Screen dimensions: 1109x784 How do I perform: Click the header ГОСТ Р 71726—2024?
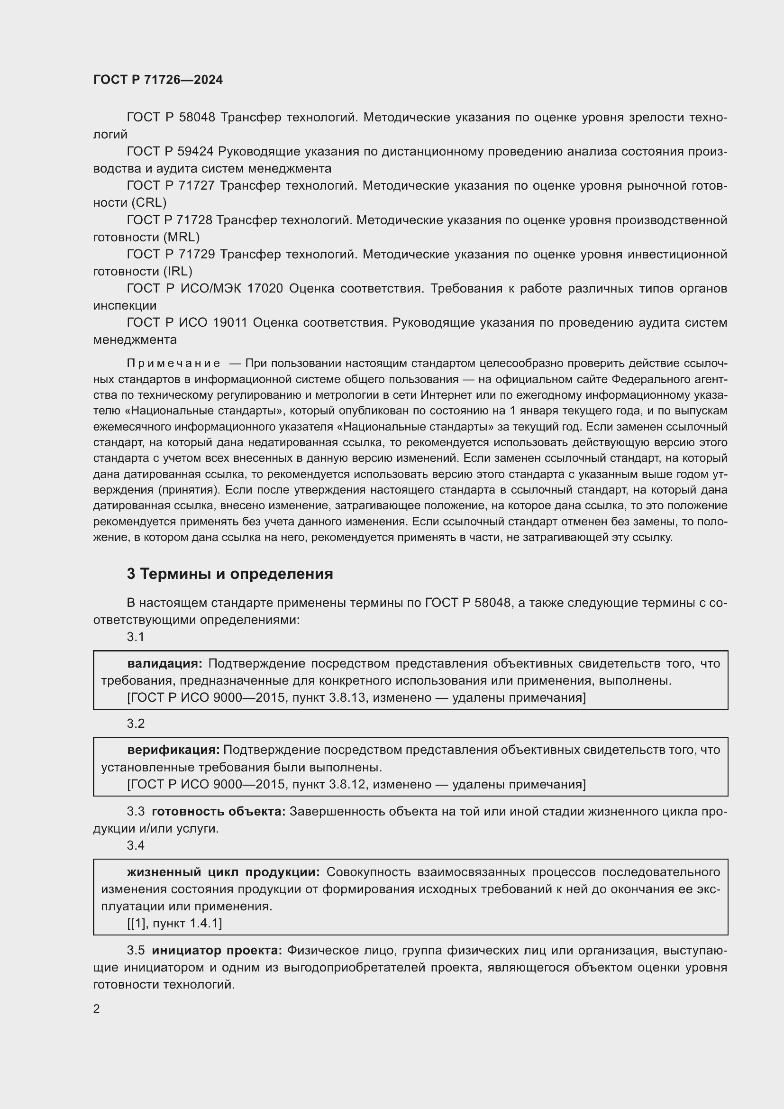(158, 80)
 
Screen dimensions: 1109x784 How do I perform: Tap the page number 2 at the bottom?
(97, 1008)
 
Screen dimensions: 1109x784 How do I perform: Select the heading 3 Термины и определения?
(230, 574)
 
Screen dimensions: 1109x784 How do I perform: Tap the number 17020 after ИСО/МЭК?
(265, 288)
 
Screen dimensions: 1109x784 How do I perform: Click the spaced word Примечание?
(174, 363)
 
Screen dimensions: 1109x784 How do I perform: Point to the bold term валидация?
(164, 664)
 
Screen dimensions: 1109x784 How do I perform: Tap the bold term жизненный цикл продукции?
(223, 872)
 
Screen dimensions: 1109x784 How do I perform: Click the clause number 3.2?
(136, 724)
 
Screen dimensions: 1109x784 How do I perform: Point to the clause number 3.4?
(136, 845)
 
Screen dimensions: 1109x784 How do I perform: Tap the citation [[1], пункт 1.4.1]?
(174, 923)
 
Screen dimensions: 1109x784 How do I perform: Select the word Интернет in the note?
(446, 395)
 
